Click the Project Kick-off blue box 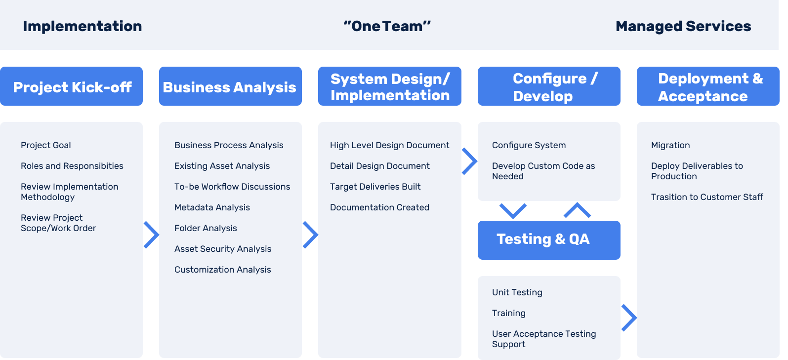pos(72,86)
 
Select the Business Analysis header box pos(230,86)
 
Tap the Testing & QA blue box pos(549,240)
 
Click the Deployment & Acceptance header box pos(708,86)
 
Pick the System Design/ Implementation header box pos(390,86)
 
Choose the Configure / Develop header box pos(549,86)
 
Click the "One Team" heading pos(387,26)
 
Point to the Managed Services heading pos(683,26)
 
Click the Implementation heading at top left pos(83,26)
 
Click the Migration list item pos(670,145)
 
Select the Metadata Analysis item pos(212,207)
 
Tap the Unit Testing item pos(517,292)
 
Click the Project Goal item pos(46,145)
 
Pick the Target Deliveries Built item pos(375,187)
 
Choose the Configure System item pos(529,145)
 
